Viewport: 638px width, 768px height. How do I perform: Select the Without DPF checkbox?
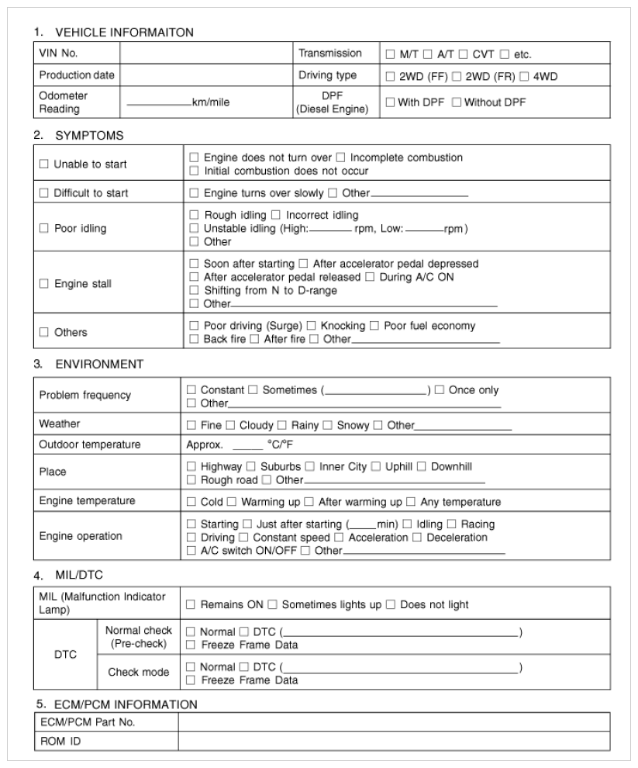[x=457, y=102]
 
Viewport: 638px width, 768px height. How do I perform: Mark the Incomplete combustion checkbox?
[x=341, y=158]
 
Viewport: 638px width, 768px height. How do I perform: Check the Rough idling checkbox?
[x=195, y=215]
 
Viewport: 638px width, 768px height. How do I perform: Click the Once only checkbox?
[x=440, y=389]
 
